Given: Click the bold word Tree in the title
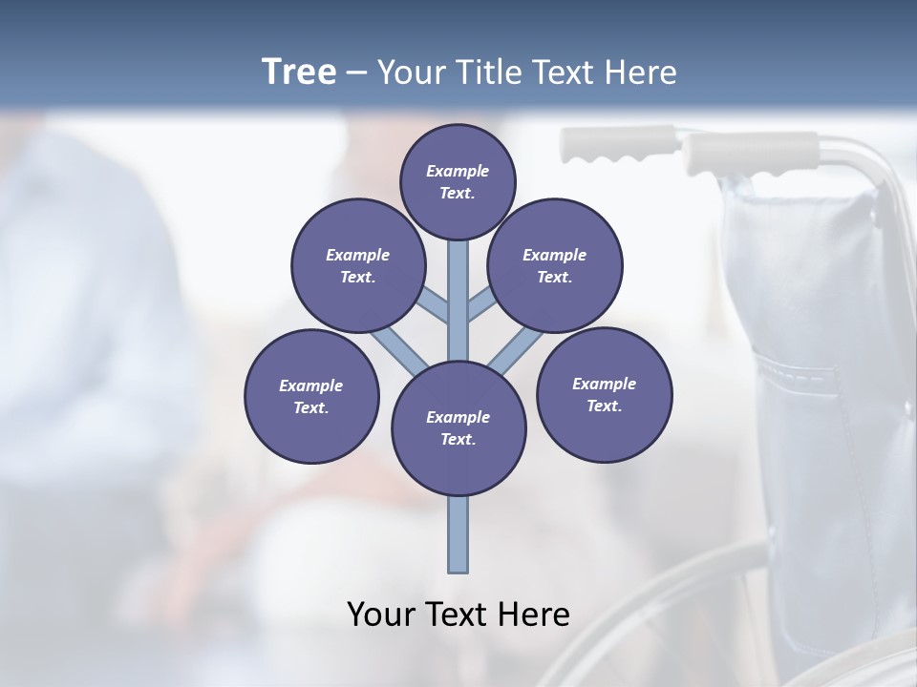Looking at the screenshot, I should tap(299, 72).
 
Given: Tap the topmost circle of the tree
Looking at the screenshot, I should tap(458, 181).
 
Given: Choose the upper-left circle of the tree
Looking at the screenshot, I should tap(358, 266).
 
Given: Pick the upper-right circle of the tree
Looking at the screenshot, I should tap(555, 266).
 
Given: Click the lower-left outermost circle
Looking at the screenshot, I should tap(311, 397).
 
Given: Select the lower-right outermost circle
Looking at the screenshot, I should tap(605, 394).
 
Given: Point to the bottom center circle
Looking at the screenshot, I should tap(458, 428).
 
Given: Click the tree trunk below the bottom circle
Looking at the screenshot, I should tap(458, 534).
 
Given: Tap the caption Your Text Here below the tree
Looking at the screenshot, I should tap(458, 614).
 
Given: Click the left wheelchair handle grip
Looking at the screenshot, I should tap(602, 145).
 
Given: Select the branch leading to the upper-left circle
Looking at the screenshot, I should tap(434, 306).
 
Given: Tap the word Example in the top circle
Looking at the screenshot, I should tap(458, 171).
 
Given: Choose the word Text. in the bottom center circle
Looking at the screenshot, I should tap(458, 440).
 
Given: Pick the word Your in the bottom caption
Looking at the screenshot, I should tap(380, 614).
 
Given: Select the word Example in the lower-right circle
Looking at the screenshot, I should tap(604, 384).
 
